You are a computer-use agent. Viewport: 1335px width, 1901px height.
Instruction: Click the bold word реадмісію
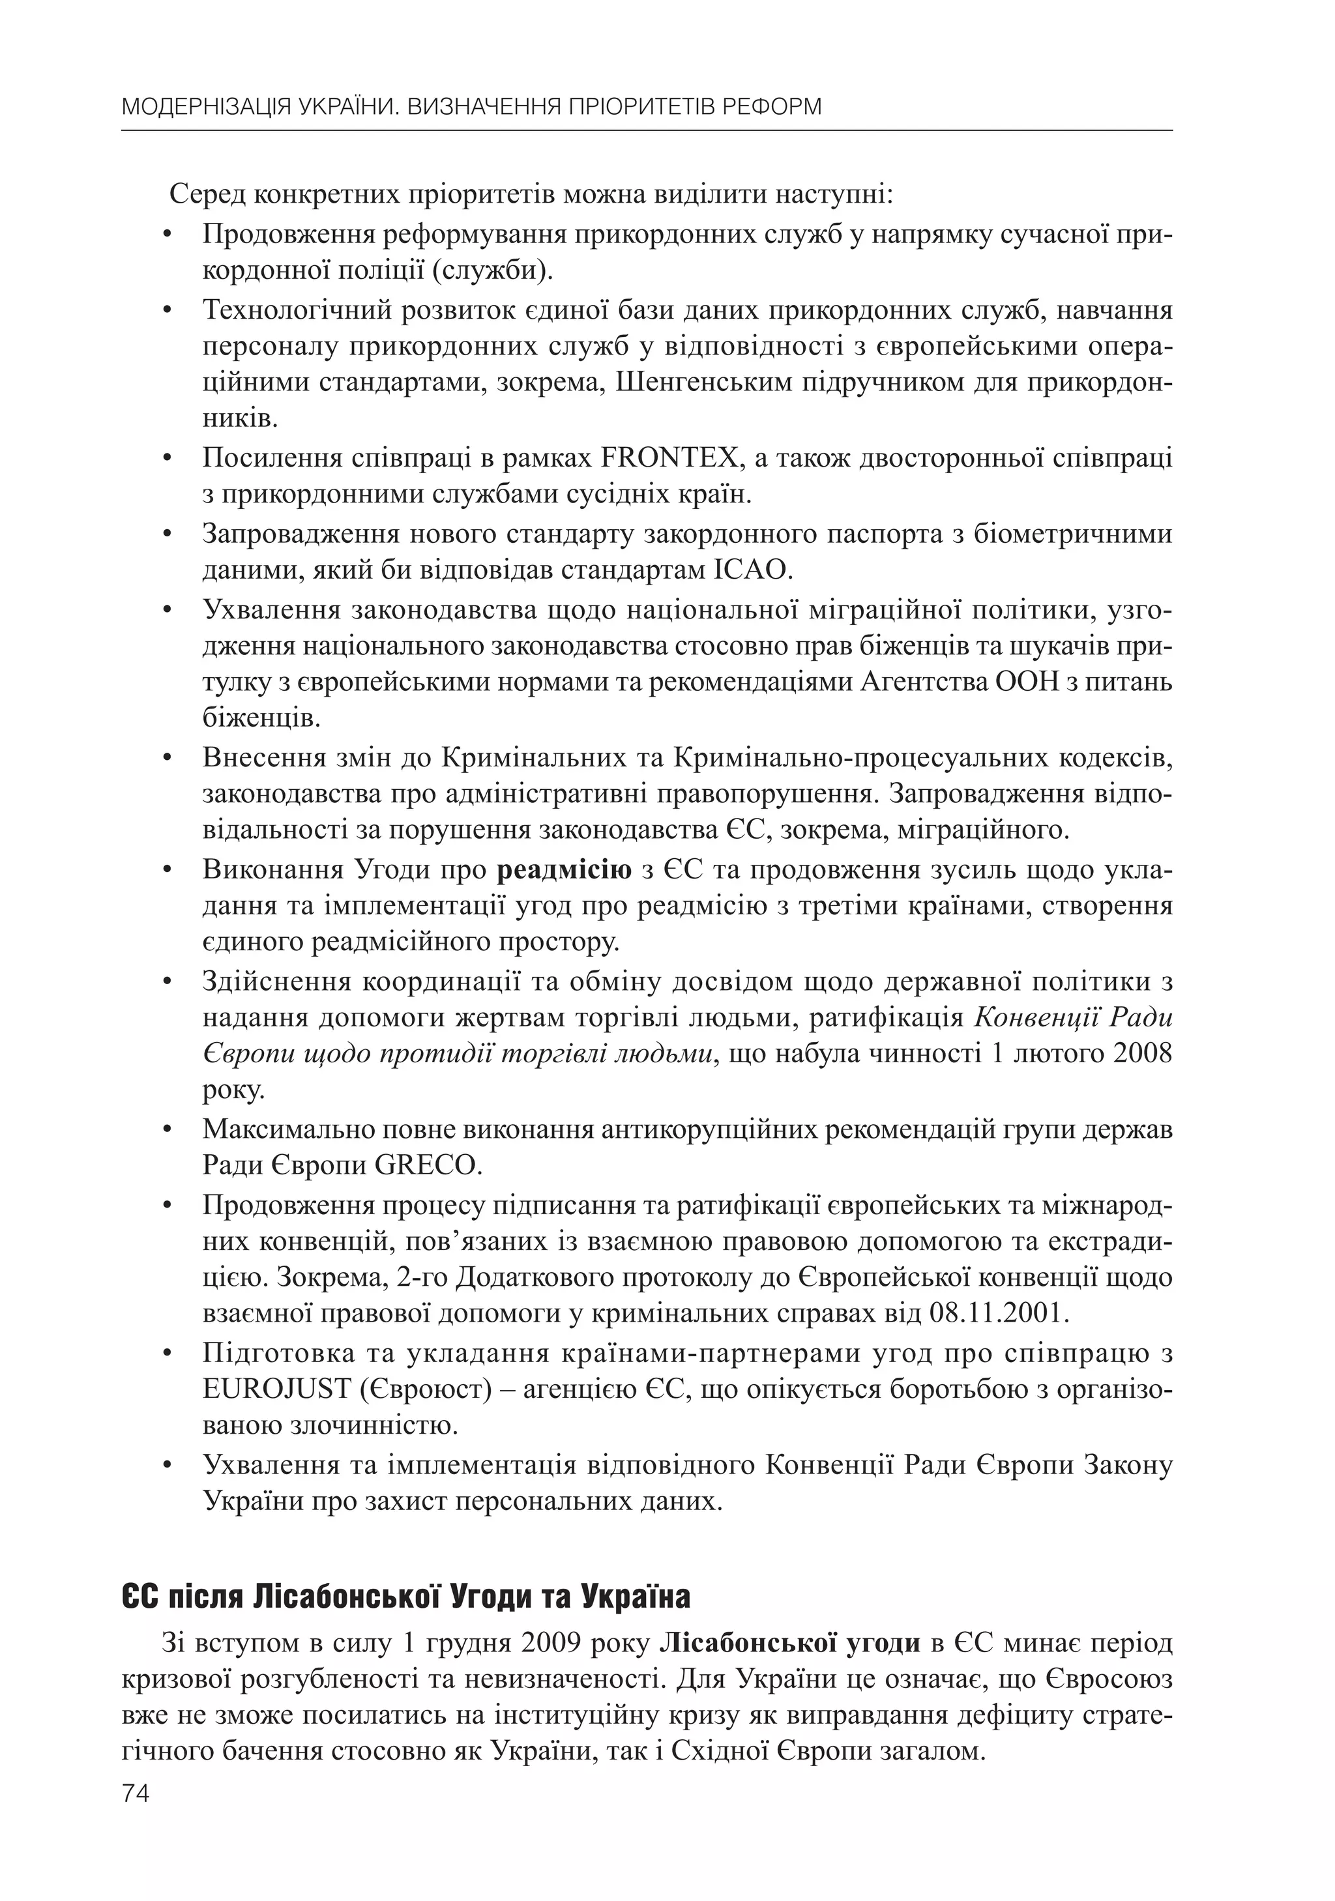click(x=564, y=870)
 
